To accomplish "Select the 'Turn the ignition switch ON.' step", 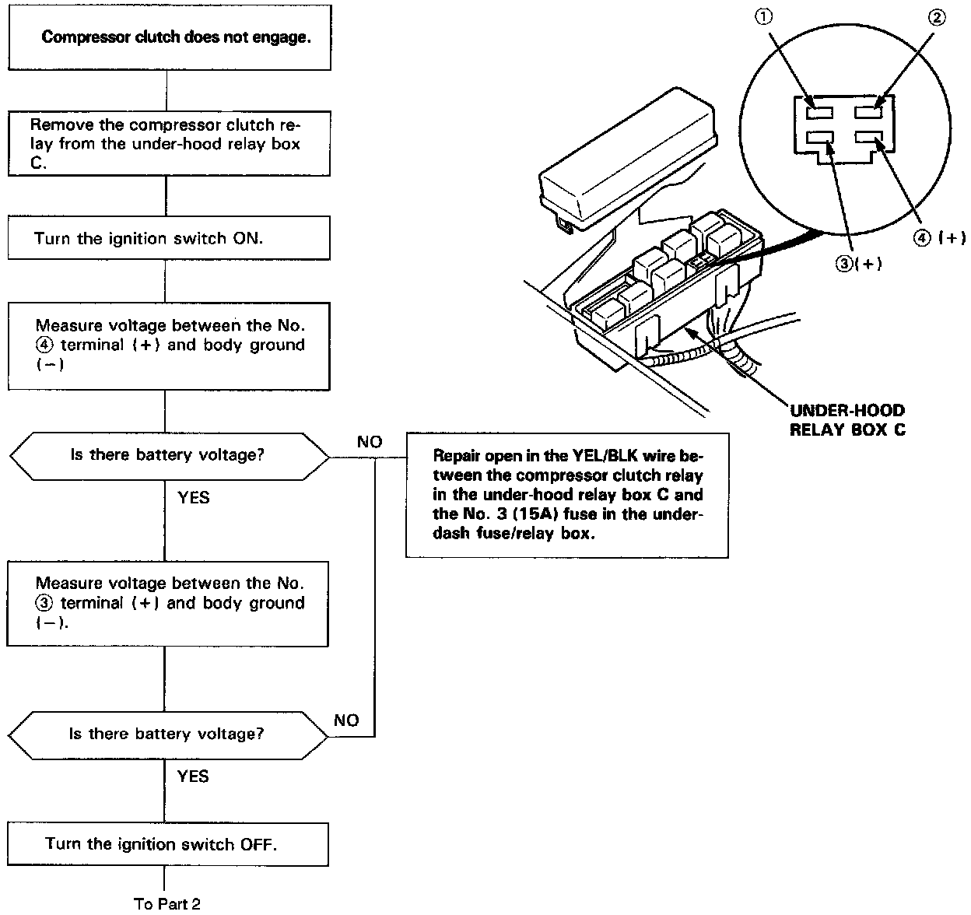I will pyautogui.click(x=169, y=238).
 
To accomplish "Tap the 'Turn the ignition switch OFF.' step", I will pyautogui.click(x=168, y=844).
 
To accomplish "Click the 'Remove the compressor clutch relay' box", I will pyautogui.click(x=169, y=144).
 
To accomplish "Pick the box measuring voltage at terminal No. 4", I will pyautogui.click(x=169, y=345).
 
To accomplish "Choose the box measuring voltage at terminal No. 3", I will pyautogui.click(x=168, y=603).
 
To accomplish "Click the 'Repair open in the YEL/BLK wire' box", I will pyautogui.click(x=567, y=495).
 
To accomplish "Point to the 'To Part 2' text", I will pyautogui.click(x=167, y=903).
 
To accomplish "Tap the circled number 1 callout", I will pyautogui.click(x=765, y=18).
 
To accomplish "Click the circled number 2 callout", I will pyautogui.click(x=937, y=18).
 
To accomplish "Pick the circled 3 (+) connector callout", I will pyautogui.click(x=857, y=264).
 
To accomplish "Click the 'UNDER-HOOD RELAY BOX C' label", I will pyautogui.click(x=847, y=420).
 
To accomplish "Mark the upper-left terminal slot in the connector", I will pyautogui.click(x=819, y=112).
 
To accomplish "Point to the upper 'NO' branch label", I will pyautogui.click(x=370, y=442).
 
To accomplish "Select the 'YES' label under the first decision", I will pyautogui.click(x=193, y=496).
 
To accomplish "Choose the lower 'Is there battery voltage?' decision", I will pyautogui.click(x=168, y=734).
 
